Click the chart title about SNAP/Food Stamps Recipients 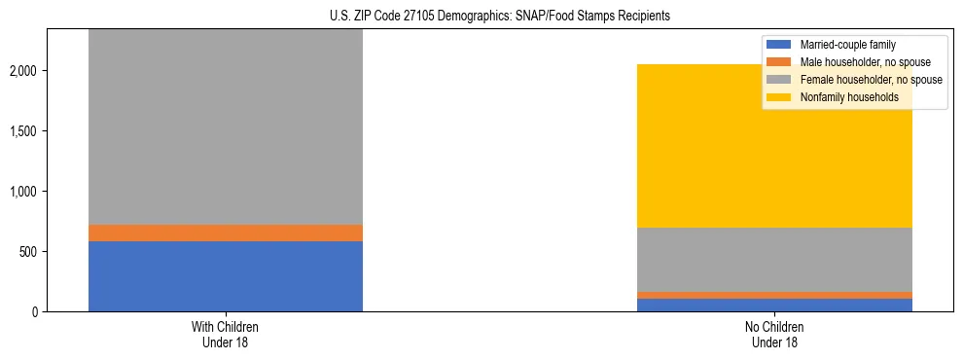tap(481, 17)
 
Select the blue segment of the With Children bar tap(226, 276)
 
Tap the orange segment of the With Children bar tap(226, 233)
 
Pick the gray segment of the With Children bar tap(226, 126)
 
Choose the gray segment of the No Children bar tap(774, 260)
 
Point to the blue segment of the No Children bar tap(774, 305)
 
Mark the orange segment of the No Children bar tap(774, 295)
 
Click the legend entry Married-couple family tap(847, 45)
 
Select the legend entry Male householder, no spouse tap(861, 62)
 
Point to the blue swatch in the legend tap(779, 45)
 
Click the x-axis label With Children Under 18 tap(226, 335)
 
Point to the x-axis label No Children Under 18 tap(774, 335)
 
